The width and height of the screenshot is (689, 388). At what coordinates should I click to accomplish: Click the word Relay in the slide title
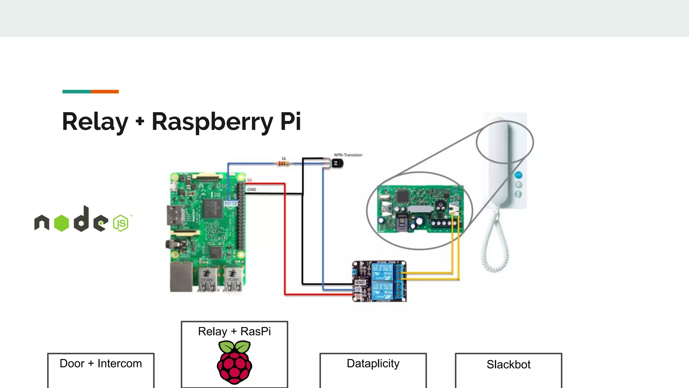(x=95, y=122)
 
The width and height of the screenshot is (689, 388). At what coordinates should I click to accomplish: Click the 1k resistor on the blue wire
(x=283, y=164)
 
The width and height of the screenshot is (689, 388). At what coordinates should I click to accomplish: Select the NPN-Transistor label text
(x=348, y=155)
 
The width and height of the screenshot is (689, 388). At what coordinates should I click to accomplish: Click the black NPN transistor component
(x=337, y=164)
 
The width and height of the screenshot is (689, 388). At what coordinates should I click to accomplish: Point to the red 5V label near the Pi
(x=249, y=180)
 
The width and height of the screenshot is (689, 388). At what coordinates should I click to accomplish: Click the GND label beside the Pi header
(x=251, y=190)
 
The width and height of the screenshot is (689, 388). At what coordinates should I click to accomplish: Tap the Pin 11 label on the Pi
(x=231, y=203)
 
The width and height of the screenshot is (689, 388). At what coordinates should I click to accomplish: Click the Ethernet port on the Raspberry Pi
(x=181, y=277)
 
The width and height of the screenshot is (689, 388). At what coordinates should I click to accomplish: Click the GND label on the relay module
(x=360, y=282)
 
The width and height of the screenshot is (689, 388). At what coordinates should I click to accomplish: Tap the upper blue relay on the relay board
(x=382, y=272)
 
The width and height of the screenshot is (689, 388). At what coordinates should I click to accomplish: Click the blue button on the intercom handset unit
(x=518, y=175)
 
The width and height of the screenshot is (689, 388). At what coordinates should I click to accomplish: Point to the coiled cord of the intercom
(x=495, y=246)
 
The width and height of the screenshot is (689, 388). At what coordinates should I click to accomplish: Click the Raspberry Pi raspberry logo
(x=234, y=362)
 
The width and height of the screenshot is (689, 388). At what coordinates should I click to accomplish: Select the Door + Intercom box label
(x=101, y=364)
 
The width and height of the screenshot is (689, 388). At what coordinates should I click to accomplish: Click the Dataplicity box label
(x=373, y=364)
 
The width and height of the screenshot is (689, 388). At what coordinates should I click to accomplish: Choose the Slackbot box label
(x=508, y=364)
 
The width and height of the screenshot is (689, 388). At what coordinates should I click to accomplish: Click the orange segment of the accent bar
(x=105, y=92)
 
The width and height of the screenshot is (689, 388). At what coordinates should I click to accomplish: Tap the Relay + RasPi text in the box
(x=234, y=331)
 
